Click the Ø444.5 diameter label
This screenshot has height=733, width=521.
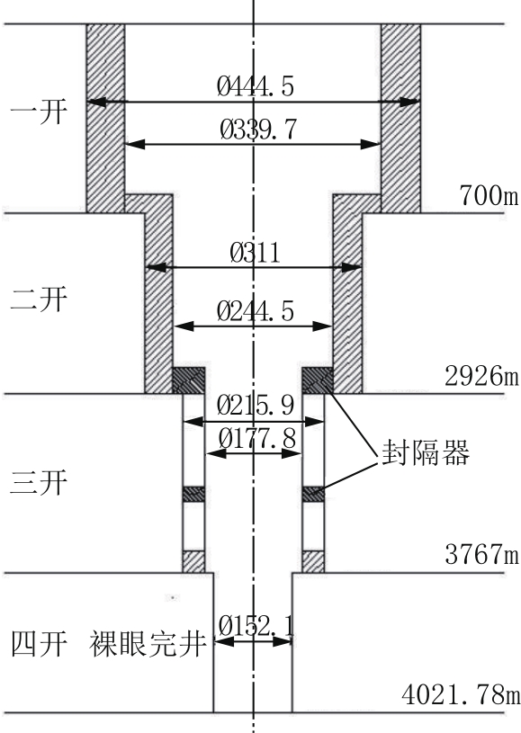point(256,86)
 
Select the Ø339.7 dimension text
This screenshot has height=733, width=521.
point(258,130)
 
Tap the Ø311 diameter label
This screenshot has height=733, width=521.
point(256,253)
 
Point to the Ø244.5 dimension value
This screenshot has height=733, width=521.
point(256,311)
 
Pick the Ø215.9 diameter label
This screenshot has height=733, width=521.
point(256,406)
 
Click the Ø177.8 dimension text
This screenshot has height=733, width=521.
point(257,439)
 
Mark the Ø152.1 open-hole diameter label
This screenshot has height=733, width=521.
point(256,626)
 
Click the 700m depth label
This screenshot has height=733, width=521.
point(490,194)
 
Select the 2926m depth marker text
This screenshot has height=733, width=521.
point(481,375)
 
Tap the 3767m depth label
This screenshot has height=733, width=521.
point(481,554)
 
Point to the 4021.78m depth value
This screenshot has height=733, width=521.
point(461,695)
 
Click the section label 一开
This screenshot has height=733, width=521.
point(40,112)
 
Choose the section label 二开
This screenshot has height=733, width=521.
point(40,299)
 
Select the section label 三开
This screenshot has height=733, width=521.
point(40,482)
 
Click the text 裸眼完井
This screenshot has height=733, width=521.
point(148,644)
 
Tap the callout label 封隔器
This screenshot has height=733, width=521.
point(426,452)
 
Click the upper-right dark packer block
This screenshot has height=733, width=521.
point(318,380)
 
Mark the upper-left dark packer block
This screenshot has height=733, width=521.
point(189,380)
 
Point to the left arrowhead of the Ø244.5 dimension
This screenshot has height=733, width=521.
point(184,326)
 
